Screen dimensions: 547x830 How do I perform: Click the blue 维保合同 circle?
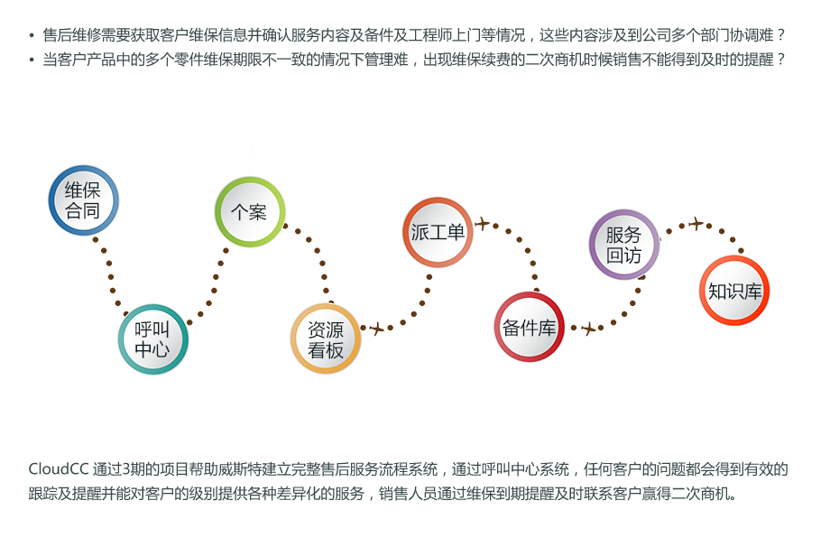coord(83,200)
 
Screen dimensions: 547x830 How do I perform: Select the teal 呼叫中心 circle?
coord(152,338)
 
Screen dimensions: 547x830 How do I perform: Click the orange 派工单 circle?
coord(437,232)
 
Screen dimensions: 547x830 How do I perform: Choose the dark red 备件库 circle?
coord(530,327)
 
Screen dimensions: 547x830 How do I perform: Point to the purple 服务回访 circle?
coord(623,245)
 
